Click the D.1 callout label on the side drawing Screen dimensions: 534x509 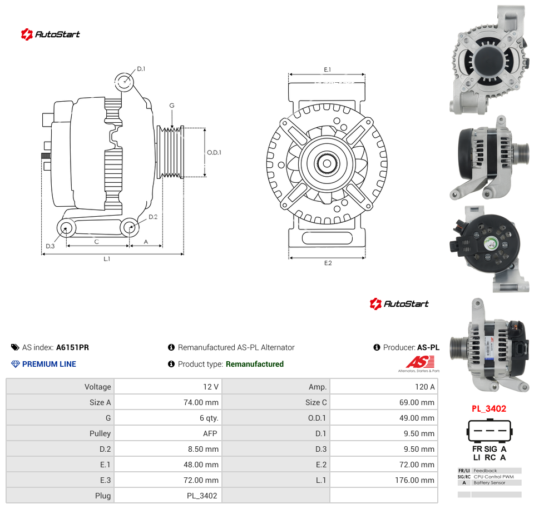tap(141, 69)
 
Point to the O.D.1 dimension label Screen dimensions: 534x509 tap(214, 152)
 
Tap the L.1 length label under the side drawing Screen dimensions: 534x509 tap(107, 259)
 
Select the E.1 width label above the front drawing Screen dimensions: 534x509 tap(327, 69)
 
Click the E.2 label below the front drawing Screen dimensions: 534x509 tap(328, 263)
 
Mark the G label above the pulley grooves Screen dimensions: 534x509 tap(172, 106)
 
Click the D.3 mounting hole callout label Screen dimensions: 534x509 tap(50, 246)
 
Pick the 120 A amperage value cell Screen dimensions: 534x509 tap(424, 387)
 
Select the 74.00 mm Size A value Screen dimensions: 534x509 tap(201, 402)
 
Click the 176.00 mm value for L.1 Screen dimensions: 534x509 tap(414, 480)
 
